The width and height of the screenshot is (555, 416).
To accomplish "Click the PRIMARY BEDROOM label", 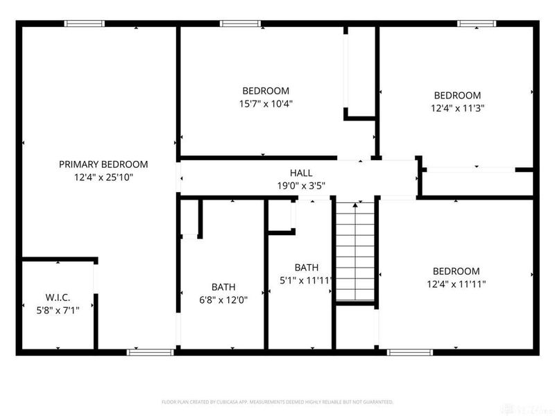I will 103,164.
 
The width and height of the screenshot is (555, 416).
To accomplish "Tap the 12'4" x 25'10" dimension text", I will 103,177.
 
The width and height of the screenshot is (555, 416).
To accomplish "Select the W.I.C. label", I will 58,297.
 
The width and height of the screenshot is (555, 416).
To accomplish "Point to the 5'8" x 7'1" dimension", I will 58,310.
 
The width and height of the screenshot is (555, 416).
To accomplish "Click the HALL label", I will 301,173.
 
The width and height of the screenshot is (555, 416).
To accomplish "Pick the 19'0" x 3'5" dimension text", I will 301,185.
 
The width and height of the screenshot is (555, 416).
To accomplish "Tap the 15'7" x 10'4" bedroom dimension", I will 266,104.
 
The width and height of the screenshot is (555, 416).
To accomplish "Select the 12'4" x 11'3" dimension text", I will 457,108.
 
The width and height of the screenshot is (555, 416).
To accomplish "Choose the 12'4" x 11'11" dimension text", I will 456,284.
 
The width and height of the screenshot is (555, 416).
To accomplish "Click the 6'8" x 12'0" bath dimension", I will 223,300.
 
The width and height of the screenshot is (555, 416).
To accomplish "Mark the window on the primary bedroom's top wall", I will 85,24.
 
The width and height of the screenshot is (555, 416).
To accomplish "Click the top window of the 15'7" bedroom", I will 240,24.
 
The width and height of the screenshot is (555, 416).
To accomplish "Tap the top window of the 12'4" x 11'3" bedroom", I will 477,24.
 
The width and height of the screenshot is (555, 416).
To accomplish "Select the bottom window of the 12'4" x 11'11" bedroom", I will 409,352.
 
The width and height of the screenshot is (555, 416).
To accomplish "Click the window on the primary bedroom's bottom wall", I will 150,352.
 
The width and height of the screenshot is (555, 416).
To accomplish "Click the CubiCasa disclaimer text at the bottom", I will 277,401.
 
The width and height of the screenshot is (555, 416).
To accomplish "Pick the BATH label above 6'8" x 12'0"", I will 223,287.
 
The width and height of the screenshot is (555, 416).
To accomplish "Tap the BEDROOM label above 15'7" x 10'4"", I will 266,91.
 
